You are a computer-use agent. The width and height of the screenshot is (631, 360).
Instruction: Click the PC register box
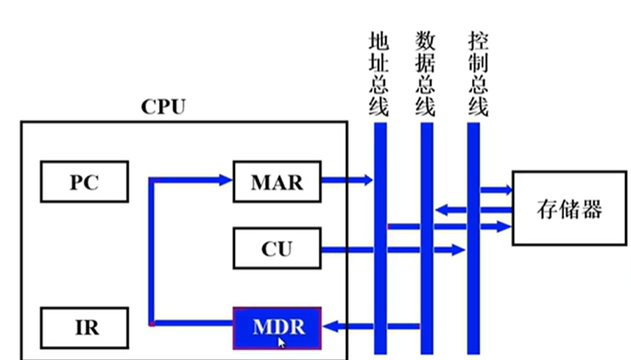pyautogui.click(x=83, y=181)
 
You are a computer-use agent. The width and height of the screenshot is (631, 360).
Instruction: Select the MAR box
pyautogui.click(x=277, y=181)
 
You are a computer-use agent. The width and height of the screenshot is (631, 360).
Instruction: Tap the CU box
pyautogui.click(x=277, y=248)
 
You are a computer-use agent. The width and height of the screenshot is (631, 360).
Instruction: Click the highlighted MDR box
pyautogui.click(x=277, y=326)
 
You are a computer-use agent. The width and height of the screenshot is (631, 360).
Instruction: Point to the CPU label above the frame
pyautogui.click(x=163, y=107)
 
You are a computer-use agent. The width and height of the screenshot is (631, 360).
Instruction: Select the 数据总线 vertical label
pyautogui.click(x=425, y=74)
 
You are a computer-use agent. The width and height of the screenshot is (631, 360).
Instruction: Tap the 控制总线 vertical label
pyautogui.click(x=477, y=74)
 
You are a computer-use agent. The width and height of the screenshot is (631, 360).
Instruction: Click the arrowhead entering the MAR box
pyautogui.click(x=225, y=179)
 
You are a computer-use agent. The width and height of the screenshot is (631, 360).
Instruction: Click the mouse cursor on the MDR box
pyautogui.click(x=281, y=342)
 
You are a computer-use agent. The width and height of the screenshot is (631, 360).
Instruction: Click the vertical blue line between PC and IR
pyautogui.click(x=150, y=250)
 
